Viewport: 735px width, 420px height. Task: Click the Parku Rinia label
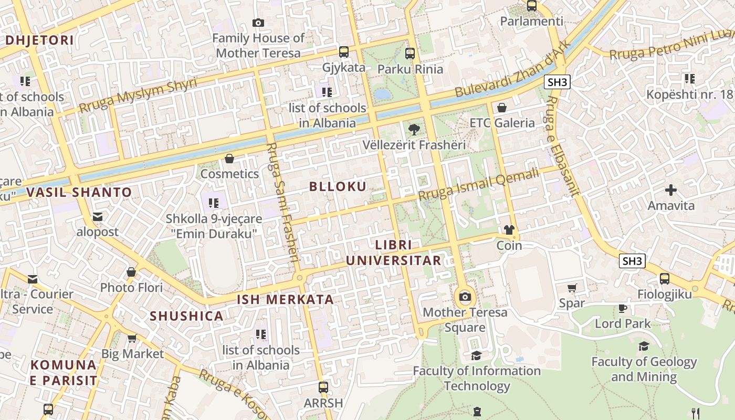click(x=410, y=69)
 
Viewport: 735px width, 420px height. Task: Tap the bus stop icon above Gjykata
click(x=344, y=51)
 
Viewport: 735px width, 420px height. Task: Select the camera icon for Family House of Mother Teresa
click(x=258, y=23)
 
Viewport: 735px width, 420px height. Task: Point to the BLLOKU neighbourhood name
click(x=338, y=186)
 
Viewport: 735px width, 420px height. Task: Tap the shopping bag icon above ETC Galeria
click(x=502, y=108)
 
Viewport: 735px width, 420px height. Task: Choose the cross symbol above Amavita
click(x=670, y=190)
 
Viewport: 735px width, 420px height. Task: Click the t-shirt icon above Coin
click(x=509, y=230)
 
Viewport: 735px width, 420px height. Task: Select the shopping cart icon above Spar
click(x=572, y=288)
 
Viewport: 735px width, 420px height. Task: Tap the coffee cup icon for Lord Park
click(x=623, y=308)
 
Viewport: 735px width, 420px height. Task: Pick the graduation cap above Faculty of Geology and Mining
click(x=644, y=346)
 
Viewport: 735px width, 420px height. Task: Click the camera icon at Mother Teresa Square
click(x=465, y=297)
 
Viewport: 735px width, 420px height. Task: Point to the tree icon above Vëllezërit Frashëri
click(x=414, y=129)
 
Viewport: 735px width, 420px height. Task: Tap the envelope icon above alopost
click(x=97, y=216)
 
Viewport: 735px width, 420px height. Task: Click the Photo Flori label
click(x=131, y=288)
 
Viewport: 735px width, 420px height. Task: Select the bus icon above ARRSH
click(x=323, y=387)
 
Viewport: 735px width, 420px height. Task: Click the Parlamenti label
click(x=531, y=22)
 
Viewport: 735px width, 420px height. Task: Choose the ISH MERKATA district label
click(x=285, y=300)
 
